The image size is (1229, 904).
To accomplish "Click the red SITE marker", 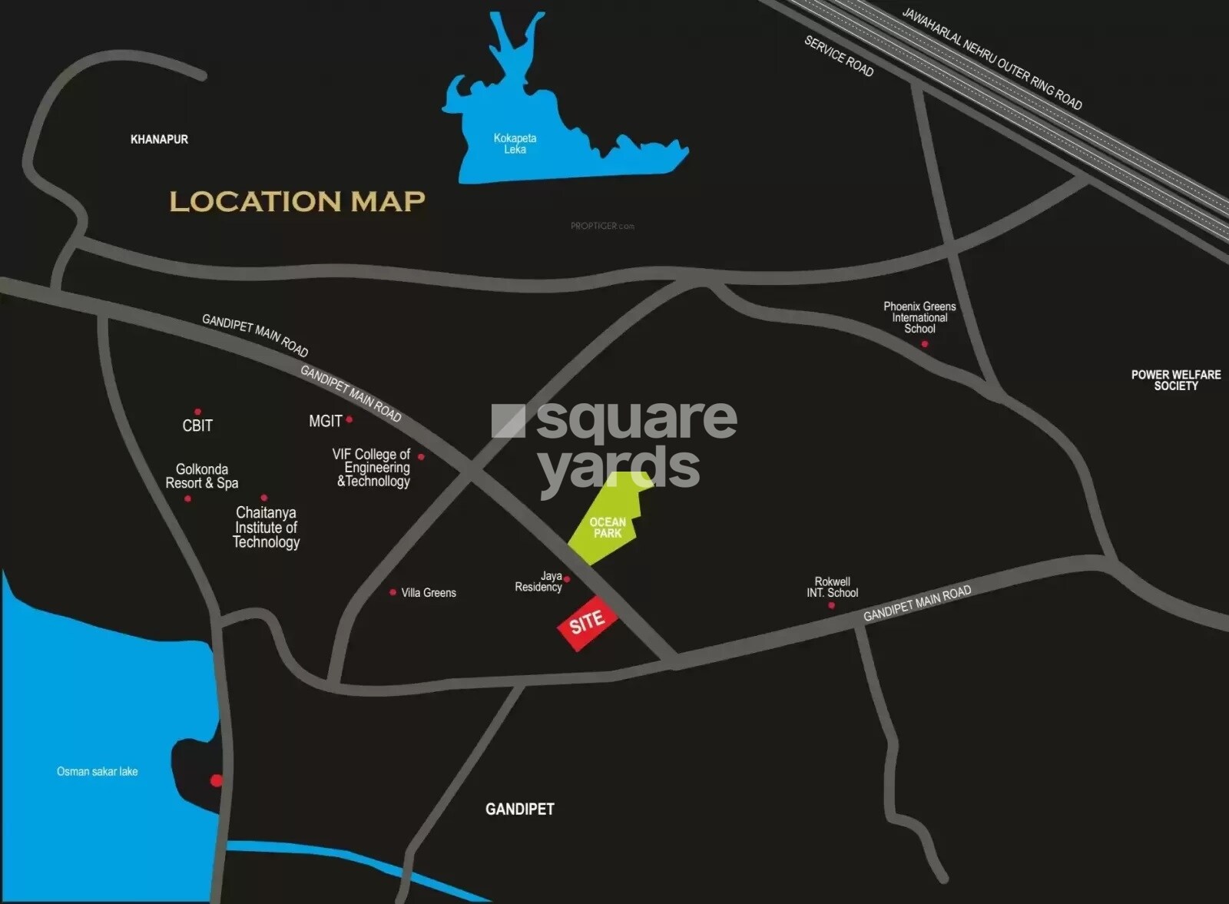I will (x=587, y=622).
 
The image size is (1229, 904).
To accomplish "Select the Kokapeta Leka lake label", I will (x=515, y=144).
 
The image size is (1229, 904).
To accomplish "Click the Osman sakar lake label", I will (x=98, y=771).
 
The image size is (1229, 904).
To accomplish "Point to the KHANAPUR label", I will (x=159, y=139).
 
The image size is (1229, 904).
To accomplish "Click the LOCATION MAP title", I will (x=297, y=201).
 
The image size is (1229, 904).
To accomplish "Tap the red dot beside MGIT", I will (x=349, y=419).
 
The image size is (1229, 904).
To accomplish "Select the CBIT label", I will (x=197, y=426).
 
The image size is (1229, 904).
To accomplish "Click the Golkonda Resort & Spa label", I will (x=202, y=476).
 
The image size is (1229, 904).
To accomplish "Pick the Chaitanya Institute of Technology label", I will (x=266, y=527).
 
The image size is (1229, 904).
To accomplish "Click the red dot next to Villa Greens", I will (x=393, y=592).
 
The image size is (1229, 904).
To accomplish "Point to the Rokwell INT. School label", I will (x=832, y=588).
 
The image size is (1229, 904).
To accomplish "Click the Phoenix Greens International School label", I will (x=919, y=317).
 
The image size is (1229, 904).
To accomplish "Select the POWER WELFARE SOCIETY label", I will (x=1175, y=380).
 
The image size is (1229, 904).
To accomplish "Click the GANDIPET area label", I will (x=519, y=809).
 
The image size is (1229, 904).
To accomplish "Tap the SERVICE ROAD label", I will (x=839, y=57).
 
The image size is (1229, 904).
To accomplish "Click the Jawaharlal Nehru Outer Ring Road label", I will (x=992, y=59).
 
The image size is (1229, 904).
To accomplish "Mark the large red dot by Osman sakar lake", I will (x=217, y=780).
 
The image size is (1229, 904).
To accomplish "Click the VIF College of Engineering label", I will (x=373, y=468).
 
